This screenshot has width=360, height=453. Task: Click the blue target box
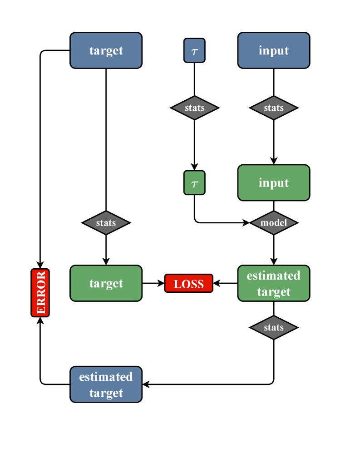(x=106, y=50)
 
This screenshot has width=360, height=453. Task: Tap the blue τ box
(x=194, y=50)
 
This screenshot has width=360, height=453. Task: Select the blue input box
(x=274, y=50)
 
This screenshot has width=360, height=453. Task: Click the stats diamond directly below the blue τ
(x=195, y=108)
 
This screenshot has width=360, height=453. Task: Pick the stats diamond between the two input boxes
(x=274, y=108)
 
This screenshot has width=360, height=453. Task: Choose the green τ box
(x=194, y=183)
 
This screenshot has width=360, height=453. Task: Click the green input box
(x=274, y=183)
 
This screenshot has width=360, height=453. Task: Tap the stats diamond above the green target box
(x=106, y=223)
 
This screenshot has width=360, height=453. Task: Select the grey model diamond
(x=274, y=223)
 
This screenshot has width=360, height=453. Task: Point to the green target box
(x=106, y=283)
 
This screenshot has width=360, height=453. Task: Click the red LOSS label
(x=189, y=284)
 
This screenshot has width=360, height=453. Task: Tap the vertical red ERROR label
(x=40, y=293)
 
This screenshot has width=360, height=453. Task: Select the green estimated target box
(x=274, y=283)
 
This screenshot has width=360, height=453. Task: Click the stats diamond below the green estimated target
(x=274, y=328)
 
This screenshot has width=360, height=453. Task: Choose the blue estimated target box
(x=106, y=384)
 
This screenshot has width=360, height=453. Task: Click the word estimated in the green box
(x=274, y=276)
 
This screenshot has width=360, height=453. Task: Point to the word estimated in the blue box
(x=106, y=377)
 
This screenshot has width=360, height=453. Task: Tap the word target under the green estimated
(x=274, y=291)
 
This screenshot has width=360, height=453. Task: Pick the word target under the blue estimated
(x=106, y=393)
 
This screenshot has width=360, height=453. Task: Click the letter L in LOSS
(x=178, y=284)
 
